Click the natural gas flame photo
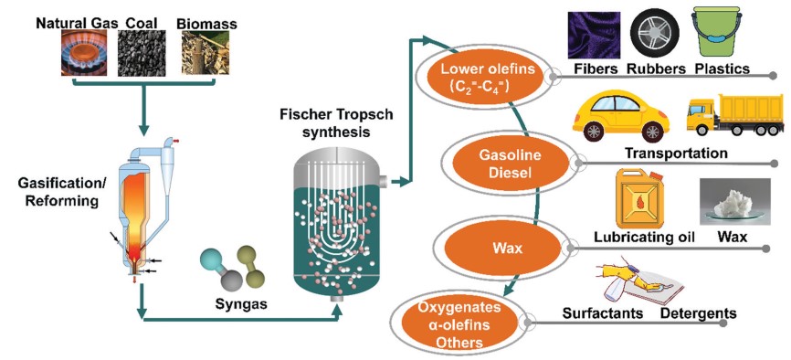(86, 51)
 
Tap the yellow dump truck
(731, 118)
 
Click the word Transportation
(675, 153)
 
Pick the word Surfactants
(603, 313)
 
